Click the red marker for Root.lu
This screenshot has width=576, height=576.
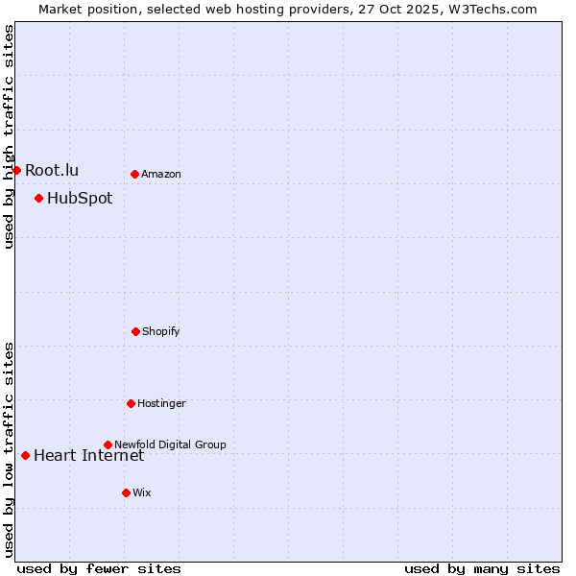pos(16,170)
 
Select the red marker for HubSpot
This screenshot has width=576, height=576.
pos(38,199)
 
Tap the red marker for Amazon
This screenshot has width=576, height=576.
pos(134,174)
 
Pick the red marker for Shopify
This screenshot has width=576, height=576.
pos(135,331)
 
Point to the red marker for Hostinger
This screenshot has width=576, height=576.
pos(131,403)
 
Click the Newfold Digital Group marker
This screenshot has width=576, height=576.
pos(108,444)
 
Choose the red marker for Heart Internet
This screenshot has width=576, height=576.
pos(25,455)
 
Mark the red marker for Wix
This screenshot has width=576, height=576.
pos(126,492)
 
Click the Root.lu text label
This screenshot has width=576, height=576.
pos(52,170)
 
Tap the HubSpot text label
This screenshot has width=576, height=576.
pos(80,199)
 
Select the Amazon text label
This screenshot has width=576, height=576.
pos(161,174)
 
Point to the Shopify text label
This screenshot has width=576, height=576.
pos(161,331)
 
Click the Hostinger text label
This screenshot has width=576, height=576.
pos(161,403)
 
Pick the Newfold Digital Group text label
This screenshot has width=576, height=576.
pos(171,444)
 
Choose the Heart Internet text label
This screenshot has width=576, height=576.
pos(88,455)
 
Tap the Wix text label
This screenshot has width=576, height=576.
pos(142,492)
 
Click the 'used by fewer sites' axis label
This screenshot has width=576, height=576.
pos(99,568)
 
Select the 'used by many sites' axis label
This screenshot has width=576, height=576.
pos(482,568)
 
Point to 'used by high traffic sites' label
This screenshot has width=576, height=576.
pos(9,136)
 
